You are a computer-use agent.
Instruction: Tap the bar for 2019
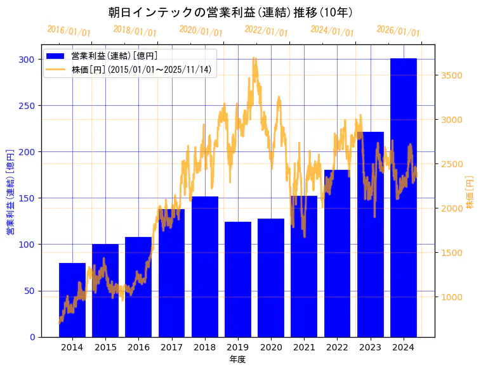pyautogui.click(x=238, y=279)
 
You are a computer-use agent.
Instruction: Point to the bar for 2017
pyautogui.click(x=171, y=273)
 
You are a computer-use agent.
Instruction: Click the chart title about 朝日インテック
pyautogui.click(x=230, y=13)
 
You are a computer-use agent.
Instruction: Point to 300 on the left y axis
pyautogui.click(x=27, y=60)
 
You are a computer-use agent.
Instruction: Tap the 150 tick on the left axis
pyautogui.click(x=27, y=198)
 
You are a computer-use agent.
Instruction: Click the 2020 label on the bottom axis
pyautogui.click(x=271, y=347)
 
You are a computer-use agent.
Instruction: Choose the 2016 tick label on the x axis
pyautogui.click(x=138, y=347)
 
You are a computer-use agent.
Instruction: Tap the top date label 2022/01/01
pyautogui.click(x=266, y=30)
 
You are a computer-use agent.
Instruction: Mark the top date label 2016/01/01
pyautogui.click(x=69, y=30)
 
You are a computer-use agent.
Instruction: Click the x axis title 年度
pyautogui.click(x=237, y=359)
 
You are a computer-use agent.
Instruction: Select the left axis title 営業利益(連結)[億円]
pyautogui.click(x=10, y=192)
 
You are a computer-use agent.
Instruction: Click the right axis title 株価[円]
pyautogui.click(x=470, y=192)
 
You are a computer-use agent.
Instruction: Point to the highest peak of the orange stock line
pyautogui.click(x=254, y=58)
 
